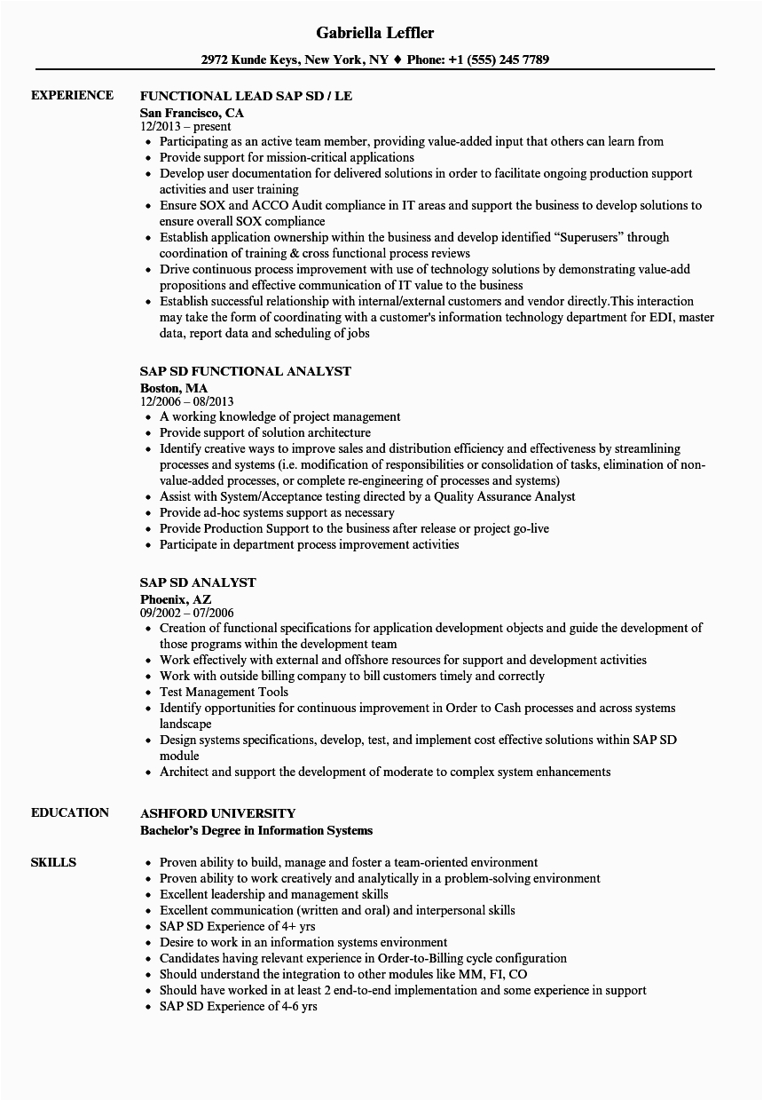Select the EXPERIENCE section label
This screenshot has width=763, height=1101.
point(72,95)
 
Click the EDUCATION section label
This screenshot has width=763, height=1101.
point(70,812)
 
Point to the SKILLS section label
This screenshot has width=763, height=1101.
point(53,862)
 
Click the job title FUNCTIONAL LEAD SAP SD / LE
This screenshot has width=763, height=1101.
point(246,96)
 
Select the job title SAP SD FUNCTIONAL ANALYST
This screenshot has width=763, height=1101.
point(245,371)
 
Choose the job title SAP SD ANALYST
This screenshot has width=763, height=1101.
point(198,582)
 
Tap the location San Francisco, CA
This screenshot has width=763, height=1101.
point(192,113)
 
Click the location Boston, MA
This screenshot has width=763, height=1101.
point(174,388)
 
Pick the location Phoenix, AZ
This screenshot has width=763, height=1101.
point(176,599)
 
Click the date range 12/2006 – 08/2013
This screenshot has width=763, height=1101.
point(186,402)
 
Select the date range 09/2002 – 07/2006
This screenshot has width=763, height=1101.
point(186,614)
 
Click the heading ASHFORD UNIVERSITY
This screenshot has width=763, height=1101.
point(217,813)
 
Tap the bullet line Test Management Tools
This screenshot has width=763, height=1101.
point(224,692)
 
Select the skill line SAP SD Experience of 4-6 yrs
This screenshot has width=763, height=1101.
point(238,1006)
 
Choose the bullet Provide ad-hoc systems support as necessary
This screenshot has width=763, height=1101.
point(277,512)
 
